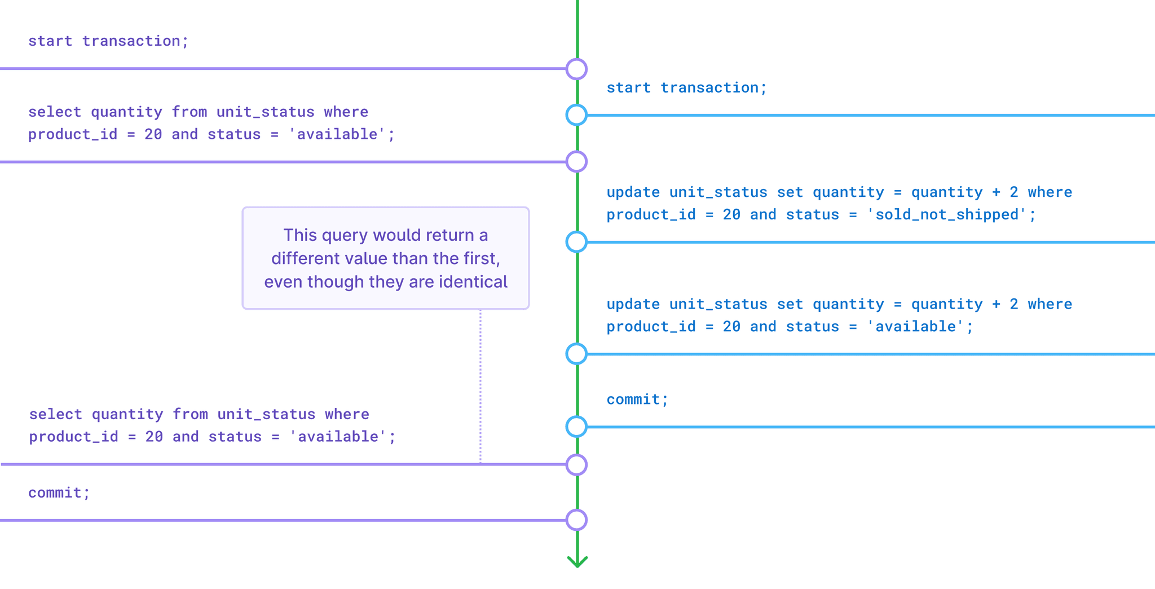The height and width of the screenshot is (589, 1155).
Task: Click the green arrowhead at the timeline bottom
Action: pos(577,561)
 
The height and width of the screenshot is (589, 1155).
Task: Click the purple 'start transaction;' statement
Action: pos(108,41)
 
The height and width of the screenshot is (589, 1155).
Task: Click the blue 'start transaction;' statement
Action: pos(686,88)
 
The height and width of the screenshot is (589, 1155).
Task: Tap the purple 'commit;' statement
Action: pos(59,493)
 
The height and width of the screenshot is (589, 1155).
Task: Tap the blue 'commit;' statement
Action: pos(637,399)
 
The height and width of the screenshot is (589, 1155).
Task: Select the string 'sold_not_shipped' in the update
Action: pos(946,215)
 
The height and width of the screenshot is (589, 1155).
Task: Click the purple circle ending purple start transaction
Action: pos(576,69)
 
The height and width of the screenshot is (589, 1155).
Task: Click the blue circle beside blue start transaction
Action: pos(576,115)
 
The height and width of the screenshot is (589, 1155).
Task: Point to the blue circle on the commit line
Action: pos(576,427)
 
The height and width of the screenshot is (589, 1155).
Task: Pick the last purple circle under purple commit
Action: pos(576,520)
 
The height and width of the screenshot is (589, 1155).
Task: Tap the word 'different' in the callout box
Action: pos(303,258)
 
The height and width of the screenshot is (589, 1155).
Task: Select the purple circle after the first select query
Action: pos(576,161)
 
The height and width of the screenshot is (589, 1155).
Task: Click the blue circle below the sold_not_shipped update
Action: pos(576,242)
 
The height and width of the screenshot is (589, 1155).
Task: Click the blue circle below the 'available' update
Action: pos(576,354)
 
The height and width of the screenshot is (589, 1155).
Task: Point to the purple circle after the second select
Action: pos(576,465)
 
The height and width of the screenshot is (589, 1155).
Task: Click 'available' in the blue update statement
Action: pos(915,327)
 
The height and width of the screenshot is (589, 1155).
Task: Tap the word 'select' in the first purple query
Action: pos(55,112)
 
